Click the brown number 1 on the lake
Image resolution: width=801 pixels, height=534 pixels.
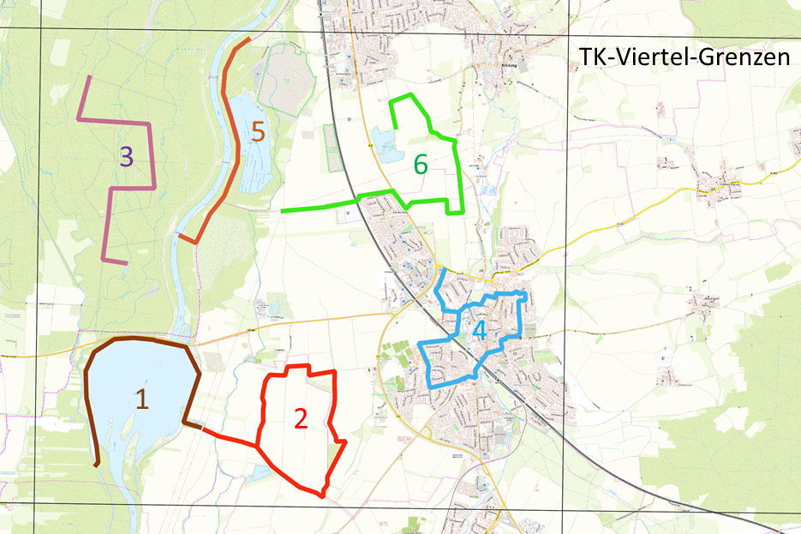pos(142,397)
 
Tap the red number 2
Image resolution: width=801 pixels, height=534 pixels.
pos(300,417)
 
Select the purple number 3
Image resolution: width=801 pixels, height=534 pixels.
pos(126,156)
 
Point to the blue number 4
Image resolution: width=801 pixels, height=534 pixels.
pos(479,330)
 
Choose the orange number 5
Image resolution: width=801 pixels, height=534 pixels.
pos(259,132)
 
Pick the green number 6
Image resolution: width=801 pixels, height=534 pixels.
pos(420,163)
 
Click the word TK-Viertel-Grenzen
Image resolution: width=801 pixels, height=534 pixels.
pos(682,58)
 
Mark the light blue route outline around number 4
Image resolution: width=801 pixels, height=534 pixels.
pos(521,317)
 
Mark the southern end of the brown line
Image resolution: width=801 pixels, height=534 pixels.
pos(97,465)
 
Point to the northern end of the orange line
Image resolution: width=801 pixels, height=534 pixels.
pos(249,39)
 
